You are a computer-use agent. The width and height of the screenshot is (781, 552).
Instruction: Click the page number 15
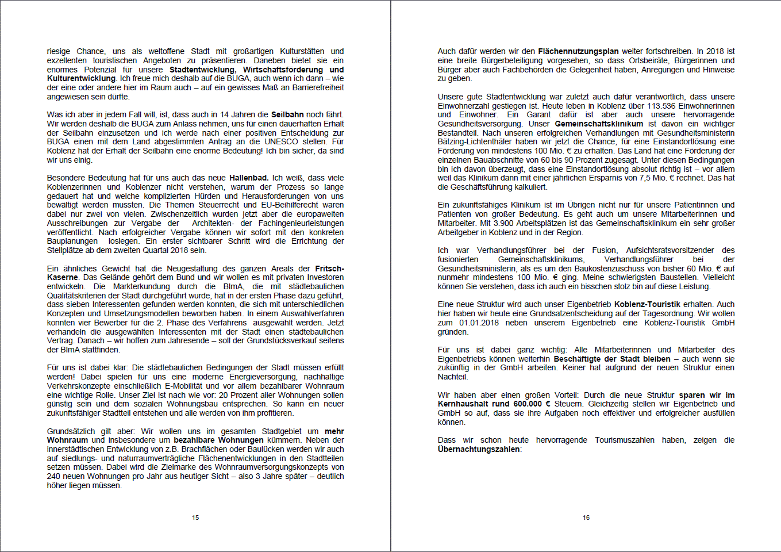tap(195, 517)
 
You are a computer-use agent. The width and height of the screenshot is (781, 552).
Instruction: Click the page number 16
tap(586, 517)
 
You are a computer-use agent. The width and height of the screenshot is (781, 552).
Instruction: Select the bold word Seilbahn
tap(287, 114)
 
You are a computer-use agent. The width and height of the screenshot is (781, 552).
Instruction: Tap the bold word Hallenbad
tap(248, 178)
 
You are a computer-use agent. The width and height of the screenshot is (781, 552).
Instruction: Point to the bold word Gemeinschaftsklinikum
tap(599, 124)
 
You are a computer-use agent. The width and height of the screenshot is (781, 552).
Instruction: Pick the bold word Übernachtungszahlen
tap(479, 449)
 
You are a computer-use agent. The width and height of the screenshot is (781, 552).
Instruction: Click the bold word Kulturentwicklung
tap(82, 78)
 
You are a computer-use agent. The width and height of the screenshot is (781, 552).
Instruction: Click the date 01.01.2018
tap(478, 323)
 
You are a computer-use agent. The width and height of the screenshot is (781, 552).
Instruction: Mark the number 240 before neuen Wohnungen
tap(53, 476)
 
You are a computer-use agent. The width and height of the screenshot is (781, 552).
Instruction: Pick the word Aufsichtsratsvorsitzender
tap(670, 250)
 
